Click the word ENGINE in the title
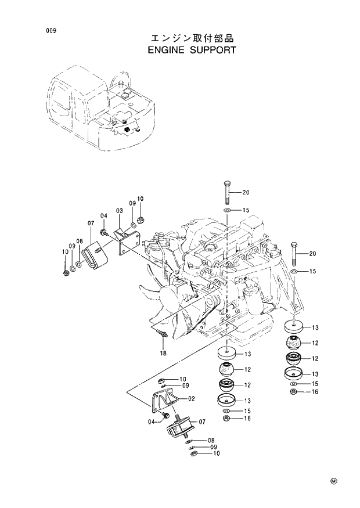coord(167,50)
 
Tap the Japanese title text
coord(192,38)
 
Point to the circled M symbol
coord(334,481)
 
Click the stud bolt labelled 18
coord(163,334)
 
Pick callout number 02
coord(191,398)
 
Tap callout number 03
coord(118,210)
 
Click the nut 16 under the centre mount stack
coord(226,419)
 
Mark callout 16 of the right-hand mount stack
coord(315,392)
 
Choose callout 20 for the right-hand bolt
coord(312,254)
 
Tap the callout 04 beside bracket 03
coord(104,216)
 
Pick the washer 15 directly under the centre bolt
coord(227,210)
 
